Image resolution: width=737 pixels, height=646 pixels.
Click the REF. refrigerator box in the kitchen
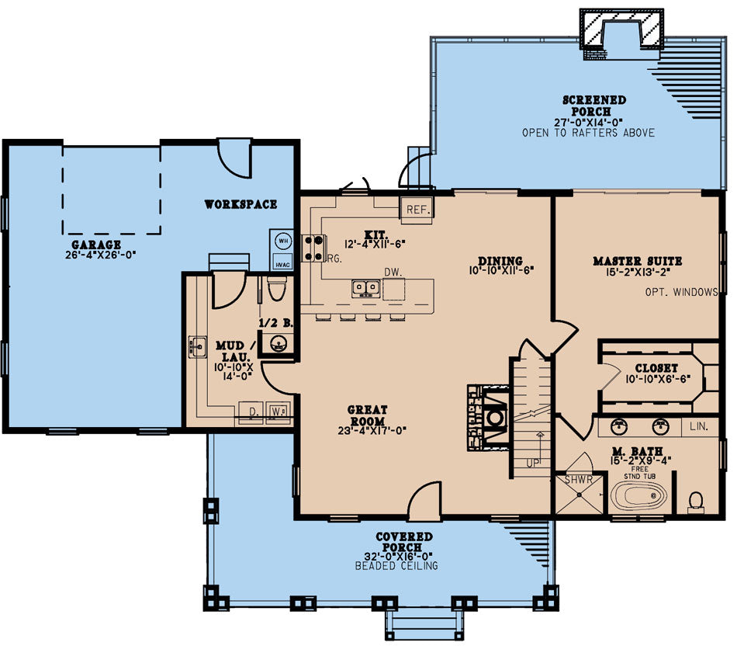tap(416, 210)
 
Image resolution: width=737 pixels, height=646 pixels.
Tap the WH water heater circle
tap(283, 241)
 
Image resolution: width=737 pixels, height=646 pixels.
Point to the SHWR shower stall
tap(579, 494)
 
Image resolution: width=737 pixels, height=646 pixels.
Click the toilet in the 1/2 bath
tap(276, 288)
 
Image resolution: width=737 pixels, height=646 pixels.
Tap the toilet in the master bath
tap(696, 503)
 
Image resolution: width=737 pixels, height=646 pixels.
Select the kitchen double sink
tap(366, 288)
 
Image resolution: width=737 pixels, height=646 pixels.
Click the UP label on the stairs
tap(532, 464)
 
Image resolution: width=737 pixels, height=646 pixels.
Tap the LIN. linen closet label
tap(699, 426)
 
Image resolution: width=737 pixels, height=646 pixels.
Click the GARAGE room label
tap(96, 245)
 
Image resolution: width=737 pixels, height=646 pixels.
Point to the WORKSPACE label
tap(240, 204)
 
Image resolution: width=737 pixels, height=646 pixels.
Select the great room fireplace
tap(488, 419)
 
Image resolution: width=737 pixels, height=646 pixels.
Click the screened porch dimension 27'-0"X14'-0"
tap(589, 123)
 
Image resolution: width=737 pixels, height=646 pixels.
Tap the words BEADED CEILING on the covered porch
tap(396, 565)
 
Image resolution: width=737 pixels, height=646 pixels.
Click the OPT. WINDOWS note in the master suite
tap(681, 292)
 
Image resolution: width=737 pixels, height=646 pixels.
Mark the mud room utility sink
tap(198, 347)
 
